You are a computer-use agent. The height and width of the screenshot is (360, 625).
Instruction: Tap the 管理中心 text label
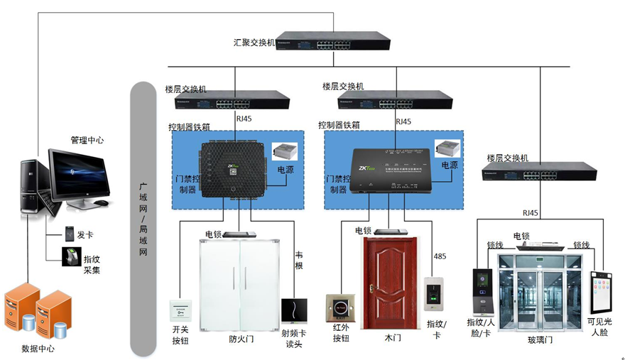(87, 141)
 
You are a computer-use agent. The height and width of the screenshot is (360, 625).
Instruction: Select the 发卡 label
(86, 234)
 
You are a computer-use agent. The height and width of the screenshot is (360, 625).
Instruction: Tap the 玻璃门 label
(539, 340)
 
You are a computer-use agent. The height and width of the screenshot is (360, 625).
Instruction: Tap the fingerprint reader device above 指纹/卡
(433, 294)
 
